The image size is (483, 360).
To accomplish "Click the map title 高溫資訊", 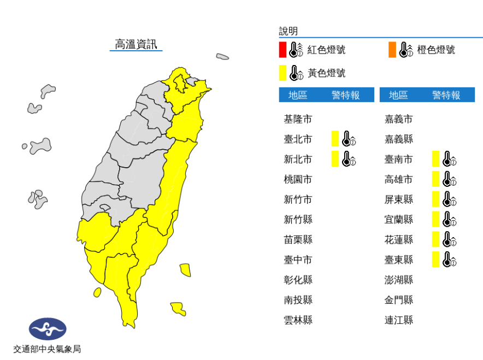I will (136, 44).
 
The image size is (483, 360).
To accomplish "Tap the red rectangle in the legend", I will (282, 50).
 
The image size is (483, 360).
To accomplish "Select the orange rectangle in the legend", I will (392, 50).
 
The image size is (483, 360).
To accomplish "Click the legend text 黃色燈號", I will (327, 73).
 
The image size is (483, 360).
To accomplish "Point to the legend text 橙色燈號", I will (436, 50).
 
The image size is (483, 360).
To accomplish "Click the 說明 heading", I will (288, 31).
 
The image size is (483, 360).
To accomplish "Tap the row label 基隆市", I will (298, 119).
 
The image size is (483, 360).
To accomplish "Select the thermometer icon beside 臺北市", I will (349, 139).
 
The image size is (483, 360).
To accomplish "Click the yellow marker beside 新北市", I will (335, 159).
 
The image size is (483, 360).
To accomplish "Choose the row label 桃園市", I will (298, 179).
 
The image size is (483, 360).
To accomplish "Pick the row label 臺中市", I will (298, 259).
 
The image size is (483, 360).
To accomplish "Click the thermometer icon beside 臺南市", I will (449, 159).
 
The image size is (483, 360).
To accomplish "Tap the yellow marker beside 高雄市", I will (435, 179).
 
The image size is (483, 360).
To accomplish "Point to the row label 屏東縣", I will (399, 199).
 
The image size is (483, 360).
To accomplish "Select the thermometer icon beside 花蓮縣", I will (449, 239).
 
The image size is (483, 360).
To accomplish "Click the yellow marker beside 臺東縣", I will (435, 259).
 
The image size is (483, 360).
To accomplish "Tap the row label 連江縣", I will (399, 320).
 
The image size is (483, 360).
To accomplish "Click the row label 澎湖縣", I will (399, 280).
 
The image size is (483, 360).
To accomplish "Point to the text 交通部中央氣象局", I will (48, 349).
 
